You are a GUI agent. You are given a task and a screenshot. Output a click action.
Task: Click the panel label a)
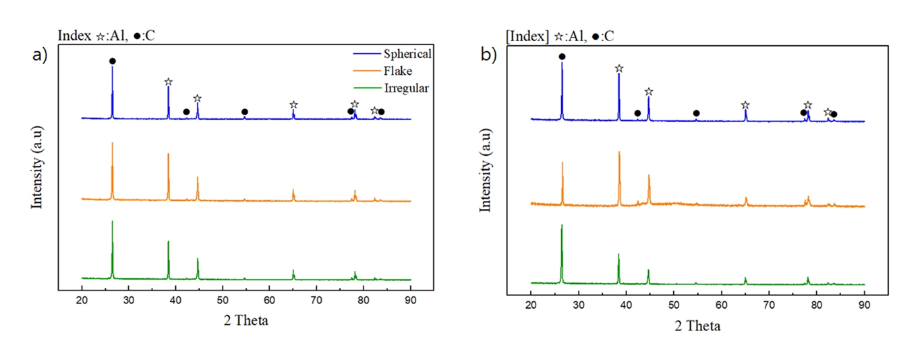tap(41, 55)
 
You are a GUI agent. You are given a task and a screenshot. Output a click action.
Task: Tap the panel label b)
tap(489, 55)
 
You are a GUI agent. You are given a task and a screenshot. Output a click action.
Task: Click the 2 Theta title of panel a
tap(246, 321)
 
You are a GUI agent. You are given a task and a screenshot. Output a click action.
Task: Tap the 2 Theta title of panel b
tap(697, 326)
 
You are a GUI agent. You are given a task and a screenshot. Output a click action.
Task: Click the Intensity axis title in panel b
tap(485, 172)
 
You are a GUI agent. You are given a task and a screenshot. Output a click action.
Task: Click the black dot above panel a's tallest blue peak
tap(113, 61)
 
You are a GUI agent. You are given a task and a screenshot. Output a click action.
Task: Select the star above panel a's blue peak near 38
tap(168, 82)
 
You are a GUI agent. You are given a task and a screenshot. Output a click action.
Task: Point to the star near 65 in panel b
tap(745, 105)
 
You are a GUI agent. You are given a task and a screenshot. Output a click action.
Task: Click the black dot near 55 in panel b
tap(696, 113)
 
